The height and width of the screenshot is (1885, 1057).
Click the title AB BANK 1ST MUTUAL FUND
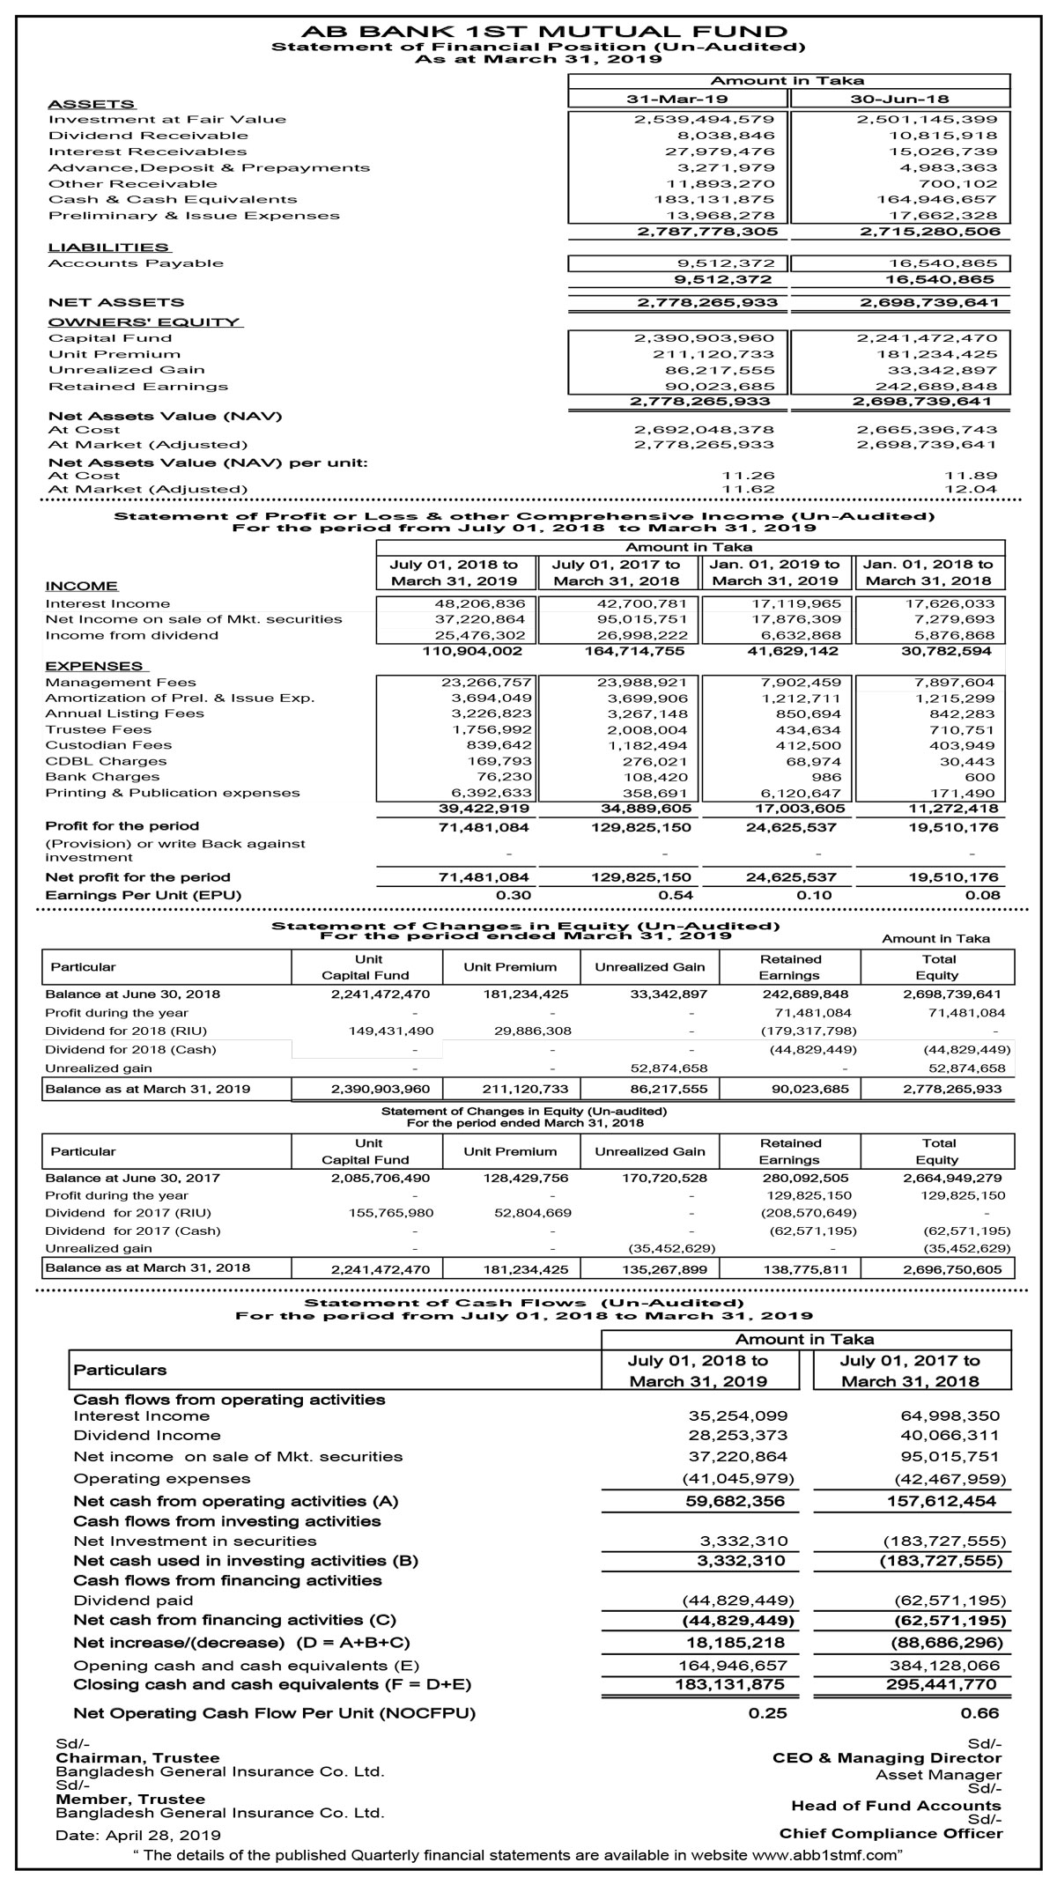[530, 32]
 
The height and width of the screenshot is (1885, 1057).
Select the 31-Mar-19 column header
[677, 99]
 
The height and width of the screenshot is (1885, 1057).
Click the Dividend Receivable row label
[148, 136]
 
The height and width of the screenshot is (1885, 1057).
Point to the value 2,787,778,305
[707, 232]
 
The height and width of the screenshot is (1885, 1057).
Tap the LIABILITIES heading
[108, 248]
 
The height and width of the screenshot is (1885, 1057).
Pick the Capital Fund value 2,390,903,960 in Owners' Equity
[705, 338]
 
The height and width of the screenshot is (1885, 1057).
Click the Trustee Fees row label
[99, 729]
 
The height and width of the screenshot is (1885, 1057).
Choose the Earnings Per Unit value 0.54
[676, 895]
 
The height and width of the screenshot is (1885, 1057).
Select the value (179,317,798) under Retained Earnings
[809, 1031]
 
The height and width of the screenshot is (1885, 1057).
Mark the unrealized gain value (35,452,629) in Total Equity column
[966, 1248]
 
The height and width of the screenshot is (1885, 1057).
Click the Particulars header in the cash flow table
[121, 1371]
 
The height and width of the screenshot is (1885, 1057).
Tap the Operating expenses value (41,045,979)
[738, 1478]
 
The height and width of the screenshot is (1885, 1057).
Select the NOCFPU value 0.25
[767, 1713]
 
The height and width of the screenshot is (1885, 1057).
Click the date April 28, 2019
[163, 1836]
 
